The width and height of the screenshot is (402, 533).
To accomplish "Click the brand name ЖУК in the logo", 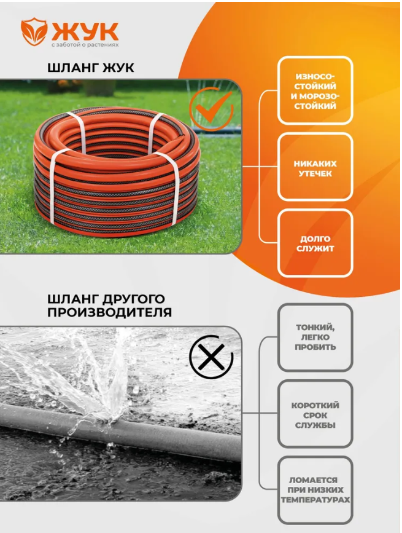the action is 85,31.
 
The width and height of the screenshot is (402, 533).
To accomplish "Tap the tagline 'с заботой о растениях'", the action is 85,44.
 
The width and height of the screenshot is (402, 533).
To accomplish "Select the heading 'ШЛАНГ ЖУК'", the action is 91,68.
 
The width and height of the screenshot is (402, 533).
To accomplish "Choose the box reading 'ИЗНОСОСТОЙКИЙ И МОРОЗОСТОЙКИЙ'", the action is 315,91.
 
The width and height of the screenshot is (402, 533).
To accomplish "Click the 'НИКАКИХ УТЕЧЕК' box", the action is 315,167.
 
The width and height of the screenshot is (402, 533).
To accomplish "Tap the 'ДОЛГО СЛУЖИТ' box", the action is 315,243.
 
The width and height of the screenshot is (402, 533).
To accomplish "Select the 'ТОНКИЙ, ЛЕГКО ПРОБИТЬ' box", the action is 315,338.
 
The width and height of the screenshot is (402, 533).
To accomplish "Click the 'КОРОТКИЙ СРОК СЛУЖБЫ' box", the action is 315,414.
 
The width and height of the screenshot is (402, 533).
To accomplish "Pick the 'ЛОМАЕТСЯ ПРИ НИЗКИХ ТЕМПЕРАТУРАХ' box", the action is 315,490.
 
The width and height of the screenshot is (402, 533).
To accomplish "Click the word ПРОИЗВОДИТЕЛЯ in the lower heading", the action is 109,312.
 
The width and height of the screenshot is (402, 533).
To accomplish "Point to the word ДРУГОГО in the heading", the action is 134,299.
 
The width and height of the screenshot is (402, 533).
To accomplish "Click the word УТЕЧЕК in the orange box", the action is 315,174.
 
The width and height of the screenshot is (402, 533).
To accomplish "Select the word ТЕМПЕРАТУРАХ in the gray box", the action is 315,500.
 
